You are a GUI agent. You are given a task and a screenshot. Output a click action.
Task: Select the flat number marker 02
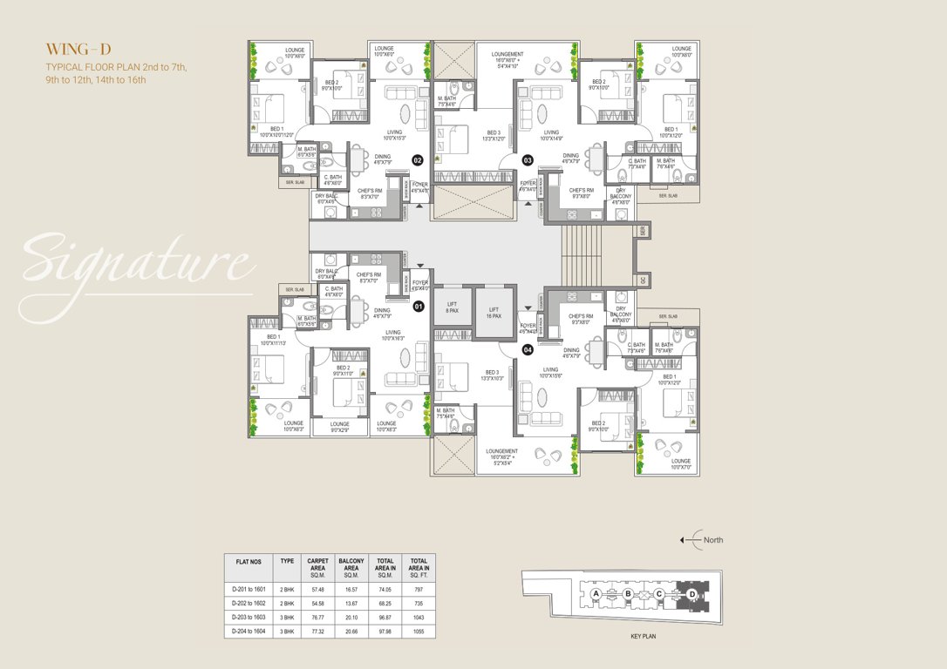tap(418, 160)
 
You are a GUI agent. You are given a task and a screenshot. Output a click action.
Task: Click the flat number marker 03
tap(528, 160)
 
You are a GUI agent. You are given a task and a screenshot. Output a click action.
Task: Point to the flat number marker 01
tap(418, 307)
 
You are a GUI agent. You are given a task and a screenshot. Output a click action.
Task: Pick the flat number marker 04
tap(528, 349)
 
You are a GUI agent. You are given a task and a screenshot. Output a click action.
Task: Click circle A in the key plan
tap(596, 594)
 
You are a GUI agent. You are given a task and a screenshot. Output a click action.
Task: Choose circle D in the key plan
tap(692, 594)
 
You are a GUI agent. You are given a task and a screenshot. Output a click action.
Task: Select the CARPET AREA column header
tap(317, 566)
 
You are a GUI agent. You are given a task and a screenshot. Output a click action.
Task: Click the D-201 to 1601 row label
tap(248, 589)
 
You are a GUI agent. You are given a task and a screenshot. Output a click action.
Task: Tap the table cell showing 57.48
tap(317, 589)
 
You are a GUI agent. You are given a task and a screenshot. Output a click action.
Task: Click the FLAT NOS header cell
tap(248, 563)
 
